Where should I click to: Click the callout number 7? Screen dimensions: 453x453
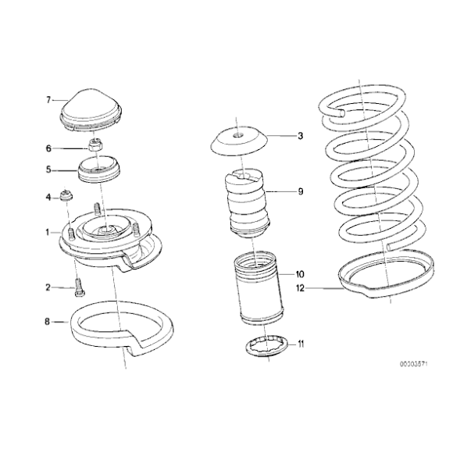tap(48, 99)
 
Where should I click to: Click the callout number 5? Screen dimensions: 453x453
tap(48, 167)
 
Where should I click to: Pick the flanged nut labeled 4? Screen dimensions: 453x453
tap(66, 198)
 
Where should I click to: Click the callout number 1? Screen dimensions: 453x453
tap(48, 232)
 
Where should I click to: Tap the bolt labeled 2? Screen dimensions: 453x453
tap(79, 288)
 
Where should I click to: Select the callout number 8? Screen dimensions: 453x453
tap(48, 321)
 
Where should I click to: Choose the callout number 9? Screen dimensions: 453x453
tap(300, 191)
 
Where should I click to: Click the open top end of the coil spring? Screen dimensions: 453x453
tap(337, 116)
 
